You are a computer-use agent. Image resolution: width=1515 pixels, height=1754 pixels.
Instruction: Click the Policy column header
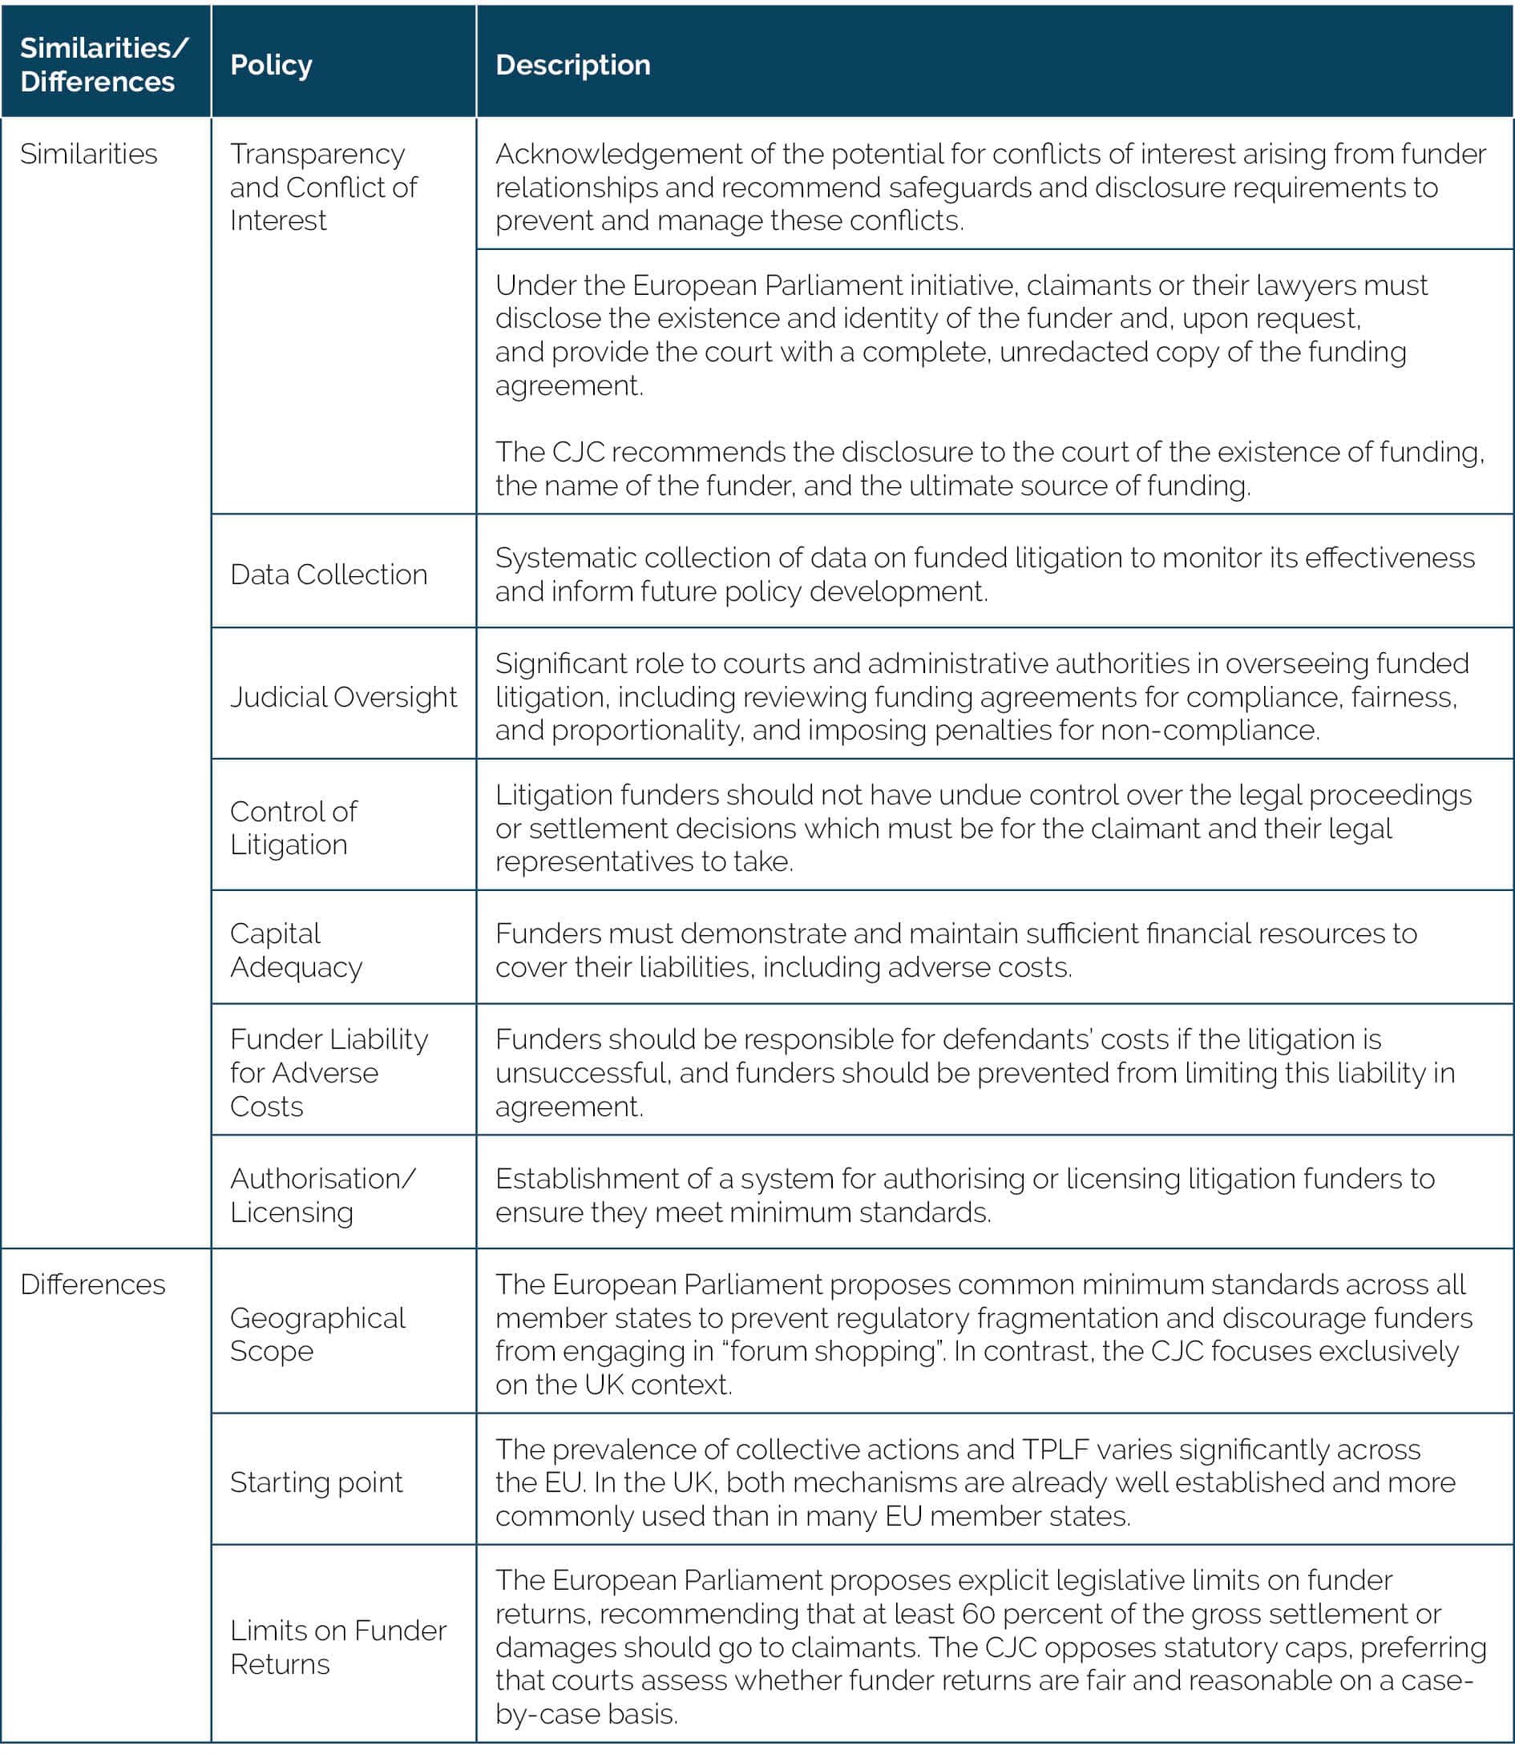pyautogui.click(x=271, y=65)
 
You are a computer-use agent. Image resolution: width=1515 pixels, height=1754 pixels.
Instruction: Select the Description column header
pyautogui.click(x=572, y=65)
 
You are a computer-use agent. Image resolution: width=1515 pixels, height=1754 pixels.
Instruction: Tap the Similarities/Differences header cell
pyautogui.click(x=103, y=64)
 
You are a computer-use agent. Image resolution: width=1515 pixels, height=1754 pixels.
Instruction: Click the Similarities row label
pyautogui.click(x=89, y=154)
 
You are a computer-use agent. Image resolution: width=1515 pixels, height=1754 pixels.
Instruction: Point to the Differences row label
pyautogui.click(x=93, y=1284)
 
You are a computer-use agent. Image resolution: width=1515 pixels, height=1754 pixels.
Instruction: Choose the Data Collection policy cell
pyautogui.click(x=329, y=574)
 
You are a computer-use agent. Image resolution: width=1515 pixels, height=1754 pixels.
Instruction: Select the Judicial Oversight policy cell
pyautogui.click(x=343, y=696)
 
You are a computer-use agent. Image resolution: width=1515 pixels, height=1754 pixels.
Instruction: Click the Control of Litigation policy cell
pyautogui.click(x=293, y=827)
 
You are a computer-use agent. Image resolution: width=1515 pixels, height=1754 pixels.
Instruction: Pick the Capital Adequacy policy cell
pyautogui.click(x=296, y=950)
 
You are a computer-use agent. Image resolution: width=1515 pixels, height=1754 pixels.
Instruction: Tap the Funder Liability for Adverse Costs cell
pyautogui.click(x=329, y=1073)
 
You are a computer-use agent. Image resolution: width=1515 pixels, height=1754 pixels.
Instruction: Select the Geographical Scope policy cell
pyautogui.click(x=317, y=1334)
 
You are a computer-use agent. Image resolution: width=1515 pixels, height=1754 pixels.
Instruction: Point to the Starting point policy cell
pyautogui.click(x=316, y=1482)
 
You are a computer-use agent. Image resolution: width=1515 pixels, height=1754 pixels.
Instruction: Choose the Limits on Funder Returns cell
pyautogui.click(x=338, y=1647)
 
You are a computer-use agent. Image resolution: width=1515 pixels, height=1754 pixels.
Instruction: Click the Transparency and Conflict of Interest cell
pyautogui.click(x=323, y=187)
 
